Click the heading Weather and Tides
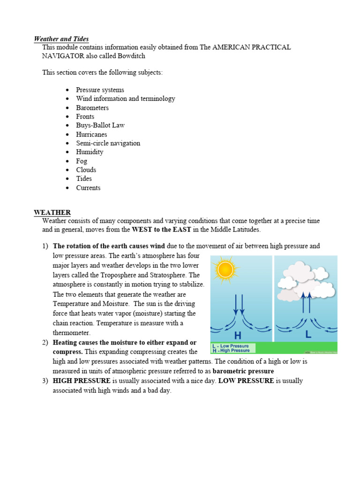61,39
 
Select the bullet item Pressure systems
100,90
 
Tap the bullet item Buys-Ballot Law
100,126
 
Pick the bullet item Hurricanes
91,135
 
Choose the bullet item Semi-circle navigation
108,143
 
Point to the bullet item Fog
82,161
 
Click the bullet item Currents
88,188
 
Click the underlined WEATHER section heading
52,213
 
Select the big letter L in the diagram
308,335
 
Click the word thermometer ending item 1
71,333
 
